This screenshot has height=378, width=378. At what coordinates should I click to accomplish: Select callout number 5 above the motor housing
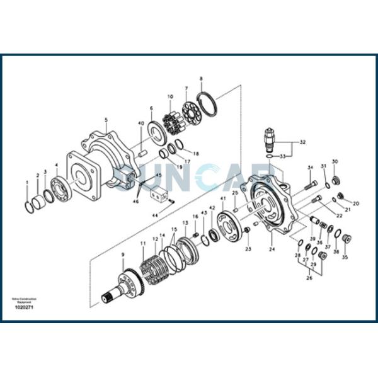pyautogui.click(x=106, y=120)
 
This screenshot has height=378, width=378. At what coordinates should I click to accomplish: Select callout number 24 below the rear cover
pyautogui.click(x=272, y=249)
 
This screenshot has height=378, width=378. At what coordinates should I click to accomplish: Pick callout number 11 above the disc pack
pyautogui.click(x=143, y=243)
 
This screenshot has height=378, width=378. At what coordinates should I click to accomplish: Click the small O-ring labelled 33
pyautogui.click(x=269, y=155)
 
